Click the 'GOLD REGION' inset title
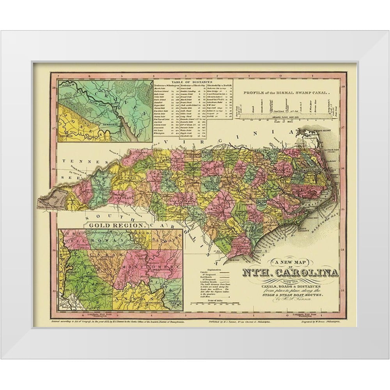(x=117, y=225)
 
